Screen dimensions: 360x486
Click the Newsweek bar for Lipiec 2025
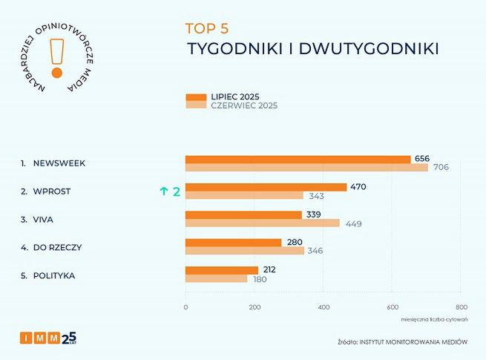(x=298, y=159)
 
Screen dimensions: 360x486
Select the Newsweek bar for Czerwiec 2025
(x=306, y=168)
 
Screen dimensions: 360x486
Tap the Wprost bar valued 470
(x=266, y=187)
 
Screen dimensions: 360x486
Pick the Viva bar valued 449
(x=262, y=223)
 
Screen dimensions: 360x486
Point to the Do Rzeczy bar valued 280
(x=233, y=243)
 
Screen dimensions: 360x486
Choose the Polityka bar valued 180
(x=216, y=279)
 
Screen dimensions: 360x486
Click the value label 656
(x=422, y=159)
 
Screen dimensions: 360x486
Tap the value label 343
(x=315, y=196)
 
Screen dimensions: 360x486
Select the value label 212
(x=269, y=269)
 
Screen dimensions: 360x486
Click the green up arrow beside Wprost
(x=163, y=192)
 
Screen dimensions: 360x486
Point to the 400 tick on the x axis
(x=324, y=307)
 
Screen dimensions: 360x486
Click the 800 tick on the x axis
(x=461, y=307)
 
